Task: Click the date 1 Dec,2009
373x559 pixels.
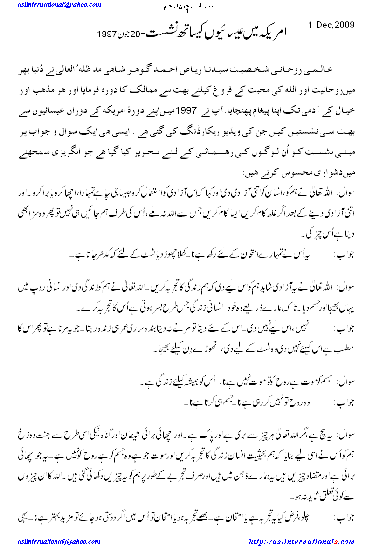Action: click(x=332, y=25)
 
